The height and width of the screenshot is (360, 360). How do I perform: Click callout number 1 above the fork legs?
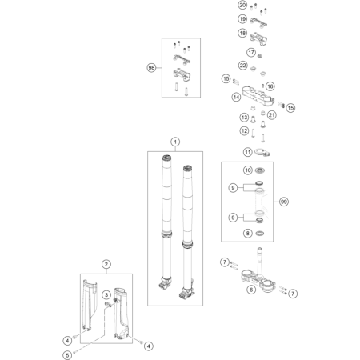point(175,142)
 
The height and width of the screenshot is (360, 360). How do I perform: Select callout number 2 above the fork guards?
point(106,264)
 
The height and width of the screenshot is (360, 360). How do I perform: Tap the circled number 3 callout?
point(106,294)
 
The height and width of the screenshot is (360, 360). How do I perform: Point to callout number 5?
point(67,355)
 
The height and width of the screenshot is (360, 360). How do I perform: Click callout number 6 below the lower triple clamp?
point(251,290)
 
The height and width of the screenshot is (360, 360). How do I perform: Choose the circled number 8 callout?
point(248,234)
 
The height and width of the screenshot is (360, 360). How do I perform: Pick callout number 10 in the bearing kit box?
point(248,170)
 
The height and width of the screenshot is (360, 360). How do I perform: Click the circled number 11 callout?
point(248,152)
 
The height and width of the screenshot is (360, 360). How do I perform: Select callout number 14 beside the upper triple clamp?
point(236,97)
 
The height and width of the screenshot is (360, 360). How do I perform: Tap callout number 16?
point(270,86)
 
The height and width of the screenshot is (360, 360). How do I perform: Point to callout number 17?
point(251,52)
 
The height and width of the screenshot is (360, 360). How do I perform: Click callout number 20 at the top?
point(242,5)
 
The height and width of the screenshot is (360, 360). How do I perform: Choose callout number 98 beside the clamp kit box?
point(151,68)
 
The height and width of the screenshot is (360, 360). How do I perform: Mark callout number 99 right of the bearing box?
point(284,202)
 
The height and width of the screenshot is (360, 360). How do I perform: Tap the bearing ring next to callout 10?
point(260,170)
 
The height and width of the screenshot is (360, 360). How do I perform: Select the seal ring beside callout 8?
point(260,234)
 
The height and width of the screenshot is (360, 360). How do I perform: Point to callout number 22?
point(242,66)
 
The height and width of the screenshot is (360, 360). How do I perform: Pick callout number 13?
point(244,117)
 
